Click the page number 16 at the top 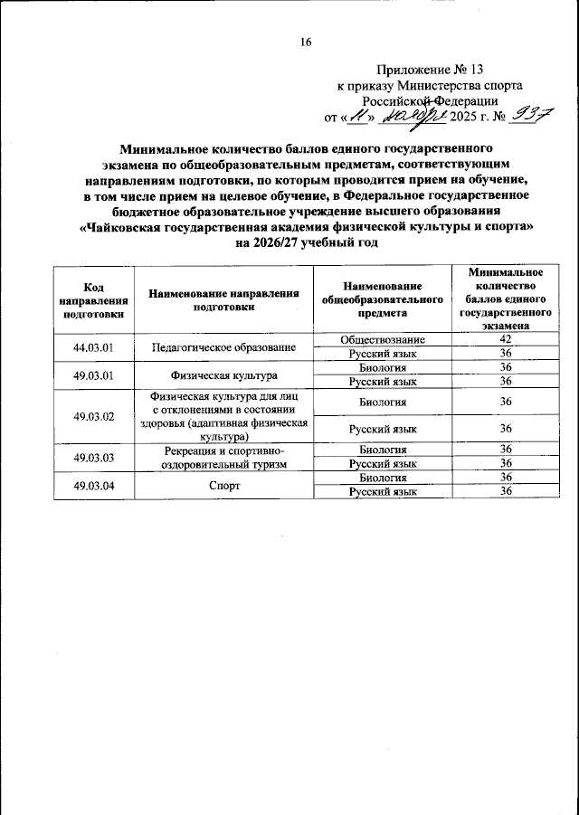tap(306, 43)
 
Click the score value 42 tap(506, 339)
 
